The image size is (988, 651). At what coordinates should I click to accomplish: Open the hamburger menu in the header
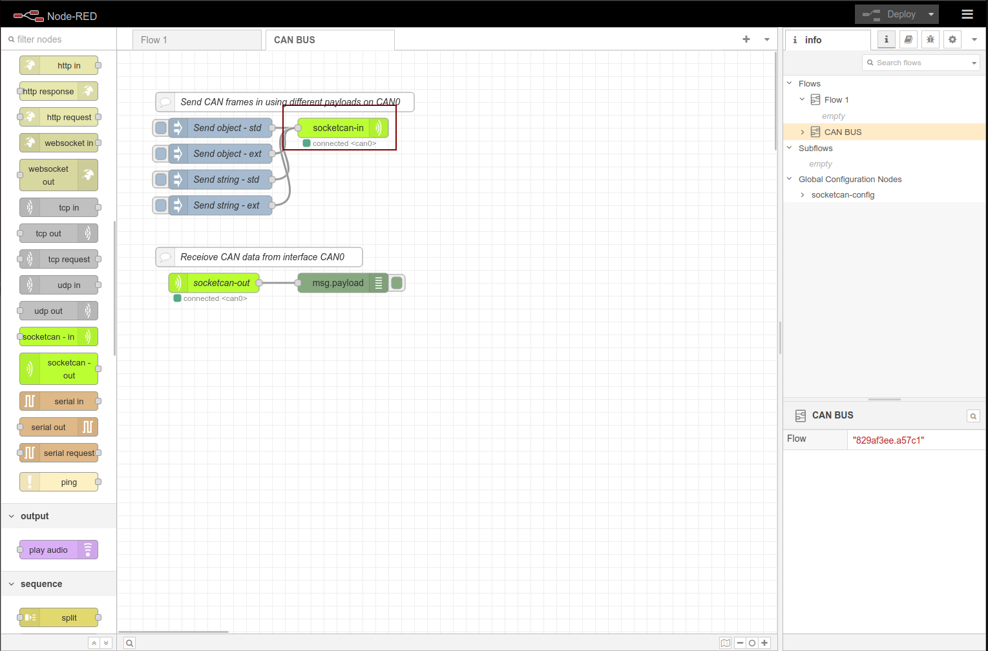[967, 14]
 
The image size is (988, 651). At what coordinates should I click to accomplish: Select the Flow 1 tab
[196, 39]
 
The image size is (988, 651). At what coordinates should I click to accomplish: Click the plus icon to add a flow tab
[746, 39]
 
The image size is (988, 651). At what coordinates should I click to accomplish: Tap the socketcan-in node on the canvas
[342, 128]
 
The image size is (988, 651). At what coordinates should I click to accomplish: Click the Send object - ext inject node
[220, 153]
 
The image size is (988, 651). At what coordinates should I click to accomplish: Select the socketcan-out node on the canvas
[214, 283]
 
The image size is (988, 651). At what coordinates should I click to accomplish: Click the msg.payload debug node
[342, 283]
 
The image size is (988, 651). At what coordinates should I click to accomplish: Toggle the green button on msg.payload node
[397, 283]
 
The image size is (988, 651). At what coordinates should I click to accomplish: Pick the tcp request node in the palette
[59, 259]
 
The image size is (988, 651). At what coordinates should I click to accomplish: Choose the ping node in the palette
[59, 482]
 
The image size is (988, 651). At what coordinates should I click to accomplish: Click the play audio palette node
[59, 550]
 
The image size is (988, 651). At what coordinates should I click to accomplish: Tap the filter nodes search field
[59, 39]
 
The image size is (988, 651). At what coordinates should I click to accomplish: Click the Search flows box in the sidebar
[921, 63]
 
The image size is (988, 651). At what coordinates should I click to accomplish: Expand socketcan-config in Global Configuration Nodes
[803, 195]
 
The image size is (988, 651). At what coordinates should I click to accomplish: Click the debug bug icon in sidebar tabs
[930, 39]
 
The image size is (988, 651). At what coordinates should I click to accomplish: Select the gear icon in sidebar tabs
[952, 39]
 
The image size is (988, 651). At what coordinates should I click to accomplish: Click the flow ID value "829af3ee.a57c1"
[888, 440]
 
